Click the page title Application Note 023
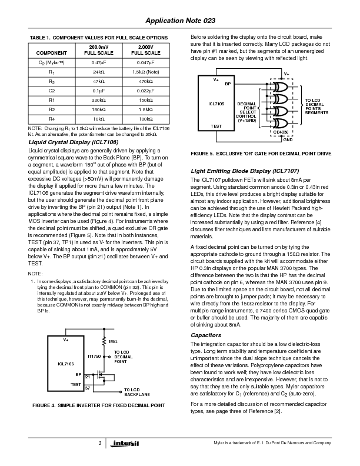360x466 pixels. [179, 19]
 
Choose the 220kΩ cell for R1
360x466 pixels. [98, 100]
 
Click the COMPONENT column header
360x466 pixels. [51, 52]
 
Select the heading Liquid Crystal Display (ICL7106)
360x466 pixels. [73, 142]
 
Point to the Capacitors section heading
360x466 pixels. [206, 335]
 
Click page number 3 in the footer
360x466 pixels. [101, 443]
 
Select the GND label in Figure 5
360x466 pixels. [288, 140]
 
